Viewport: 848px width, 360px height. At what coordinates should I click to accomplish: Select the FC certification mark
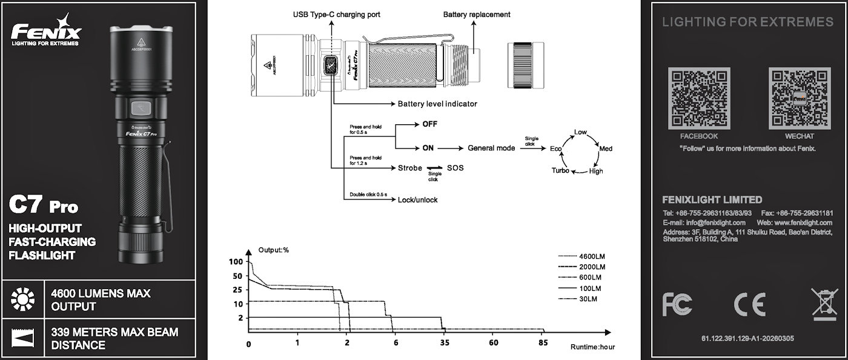pos(677,303)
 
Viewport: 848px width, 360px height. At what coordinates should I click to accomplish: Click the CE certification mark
pos(749,303)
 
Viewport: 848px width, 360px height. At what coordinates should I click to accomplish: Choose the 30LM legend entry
pos(588,299)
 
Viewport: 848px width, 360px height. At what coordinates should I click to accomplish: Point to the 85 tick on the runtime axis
pos(543,343)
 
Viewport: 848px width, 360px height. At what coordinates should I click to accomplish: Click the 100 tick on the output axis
pos(236,262)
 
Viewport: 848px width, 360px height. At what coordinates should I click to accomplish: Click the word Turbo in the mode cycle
pos(560,171)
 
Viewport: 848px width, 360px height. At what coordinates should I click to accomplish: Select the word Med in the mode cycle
pos(606,148)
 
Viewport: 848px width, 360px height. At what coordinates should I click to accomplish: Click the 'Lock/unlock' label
pos(417,199)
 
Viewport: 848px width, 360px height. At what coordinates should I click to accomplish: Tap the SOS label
pos(455,167)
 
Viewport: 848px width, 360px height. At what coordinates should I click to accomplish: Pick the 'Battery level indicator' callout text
pos(437,104)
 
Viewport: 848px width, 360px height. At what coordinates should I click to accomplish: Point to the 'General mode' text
pos(491,148)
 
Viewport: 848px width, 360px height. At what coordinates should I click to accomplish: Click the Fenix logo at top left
pos(46,32)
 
